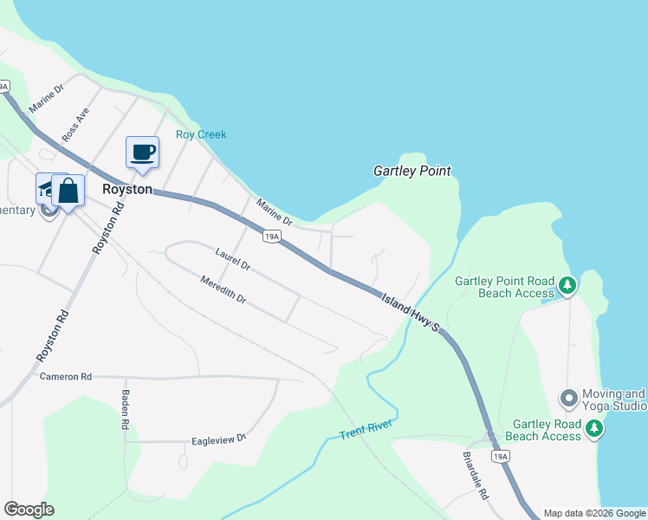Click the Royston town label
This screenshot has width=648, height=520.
(x=127, y=189)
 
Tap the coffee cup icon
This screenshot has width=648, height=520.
(x=143, y=153)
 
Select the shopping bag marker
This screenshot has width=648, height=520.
(x=68, y=191)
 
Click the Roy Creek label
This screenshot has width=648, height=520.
(x=201, y=134)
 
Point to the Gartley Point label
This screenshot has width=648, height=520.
(x=412, y=172)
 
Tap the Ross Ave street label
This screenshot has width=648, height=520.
(x=75, y=126)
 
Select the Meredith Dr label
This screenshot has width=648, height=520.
(x=224, y=290)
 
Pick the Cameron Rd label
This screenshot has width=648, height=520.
(x=66, y=377)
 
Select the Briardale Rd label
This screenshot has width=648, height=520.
(x=474, y=476)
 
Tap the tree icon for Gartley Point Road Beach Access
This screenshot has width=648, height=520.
(x=567, y=284)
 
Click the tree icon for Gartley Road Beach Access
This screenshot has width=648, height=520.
(x=594, y=427)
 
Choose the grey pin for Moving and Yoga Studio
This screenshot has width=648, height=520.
(x=569, y=400)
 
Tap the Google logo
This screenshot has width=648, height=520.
(x=29, y=510)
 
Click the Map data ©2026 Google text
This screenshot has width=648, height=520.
(x=594, y=513)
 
